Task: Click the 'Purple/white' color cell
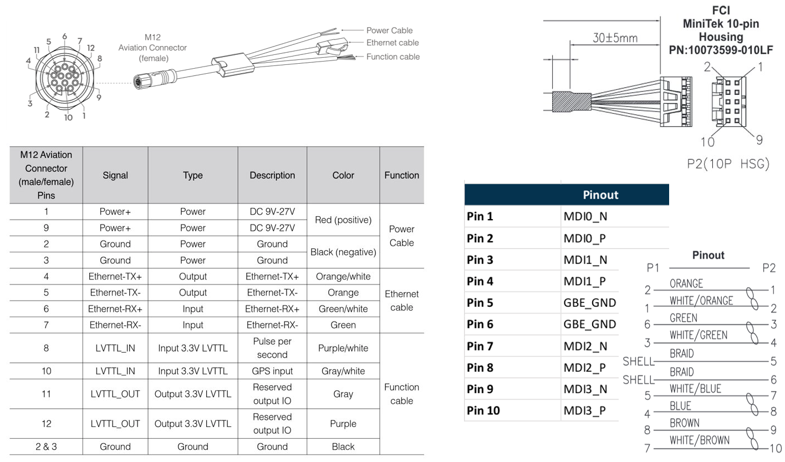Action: tap(343, 348)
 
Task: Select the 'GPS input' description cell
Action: tap(272, 371)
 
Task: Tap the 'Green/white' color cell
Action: tap(343, 309)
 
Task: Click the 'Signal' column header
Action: tap(115, 175)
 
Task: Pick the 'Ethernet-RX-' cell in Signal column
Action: tap(115, 326)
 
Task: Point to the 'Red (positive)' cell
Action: tap(343, 220)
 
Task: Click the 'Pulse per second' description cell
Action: tap(272, 348)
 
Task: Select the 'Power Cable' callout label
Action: tap(389, 31)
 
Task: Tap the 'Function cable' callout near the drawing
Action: tap(392, 57)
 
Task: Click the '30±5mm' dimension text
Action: tap(615, 38)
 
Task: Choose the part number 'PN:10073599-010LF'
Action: tap(720, 50)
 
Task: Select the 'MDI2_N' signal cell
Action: tap(585, 346)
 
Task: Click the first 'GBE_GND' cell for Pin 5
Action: tap(589, 303)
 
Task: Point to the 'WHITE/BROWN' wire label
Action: tap(700, 440)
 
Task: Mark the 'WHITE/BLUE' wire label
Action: tap(695, 389)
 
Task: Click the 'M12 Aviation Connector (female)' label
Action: tap(152, 48)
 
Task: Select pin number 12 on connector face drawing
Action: tap(91, 48)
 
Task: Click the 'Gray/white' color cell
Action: tap(343, 371)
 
